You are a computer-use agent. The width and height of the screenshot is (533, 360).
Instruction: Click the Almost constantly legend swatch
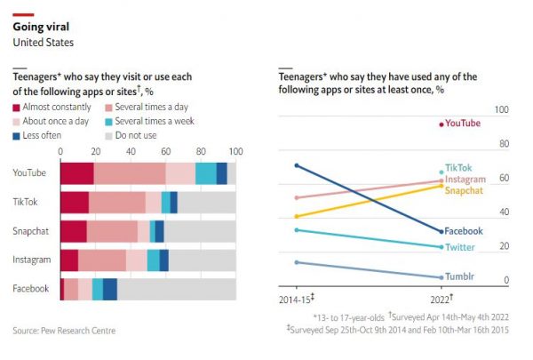coord(16,107)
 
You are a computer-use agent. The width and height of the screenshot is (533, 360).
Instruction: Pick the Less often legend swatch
coord(16,135)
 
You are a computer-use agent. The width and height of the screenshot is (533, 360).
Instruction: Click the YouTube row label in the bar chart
coord(31,173)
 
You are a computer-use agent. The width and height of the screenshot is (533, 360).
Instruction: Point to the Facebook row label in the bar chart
coord(30,289)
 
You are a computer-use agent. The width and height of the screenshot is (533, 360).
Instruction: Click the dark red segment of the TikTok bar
coord(75,202)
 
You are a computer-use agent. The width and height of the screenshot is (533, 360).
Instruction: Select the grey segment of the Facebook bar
coord(176,289)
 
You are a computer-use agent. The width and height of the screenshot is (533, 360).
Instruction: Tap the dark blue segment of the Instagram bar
coord(164,260)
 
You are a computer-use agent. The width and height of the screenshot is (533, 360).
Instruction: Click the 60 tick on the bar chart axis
coord(165,152)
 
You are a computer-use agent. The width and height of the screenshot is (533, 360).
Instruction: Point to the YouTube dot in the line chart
coord(442,124)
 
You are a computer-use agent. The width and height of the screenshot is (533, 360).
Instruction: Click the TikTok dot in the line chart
coord(442,172)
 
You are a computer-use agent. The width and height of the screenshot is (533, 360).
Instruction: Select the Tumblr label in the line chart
coord(459,276)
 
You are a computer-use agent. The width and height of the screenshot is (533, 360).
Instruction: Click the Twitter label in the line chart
coord(459,247)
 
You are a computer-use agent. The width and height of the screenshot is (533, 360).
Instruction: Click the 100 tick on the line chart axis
coord(501,109)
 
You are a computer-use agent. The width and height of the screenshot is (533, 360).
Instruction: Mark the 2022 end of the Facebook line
coord(442,231)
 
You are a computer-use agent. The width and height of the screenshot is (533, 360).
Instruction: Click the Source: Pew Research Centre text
coord(64,331)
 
